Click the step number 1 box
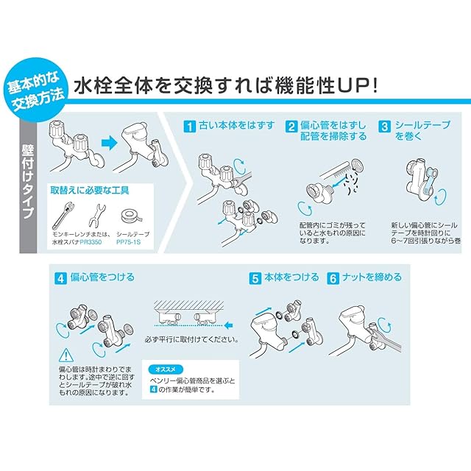(x=190, y=127)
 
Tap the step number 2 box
(x=291, y=127)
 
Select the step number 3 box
(x=385, y=127)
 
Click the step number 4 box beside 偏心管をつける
(x=60, y=278)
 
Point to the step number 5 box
(x=255, y=278)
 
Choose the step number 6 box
(x=333, y=278)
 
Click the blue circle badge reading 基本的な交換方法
(x=35, y=90)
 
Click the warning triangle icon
(x=65, y=355)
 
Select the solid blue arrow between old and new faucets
(x=110, y=142)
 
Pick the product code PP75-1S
(x=128, y=242)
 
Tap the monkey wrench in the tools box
(x=63, y=216)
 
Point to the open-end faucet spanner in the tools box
(x=96, y=215)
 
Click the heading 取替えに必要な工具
(x=90, y=191)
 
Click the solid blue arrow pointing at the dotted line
(x=229, y=325)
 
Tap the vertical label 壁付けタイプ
(x=28, y=181)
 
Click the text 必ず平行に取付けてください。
(x=192, y=340)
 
